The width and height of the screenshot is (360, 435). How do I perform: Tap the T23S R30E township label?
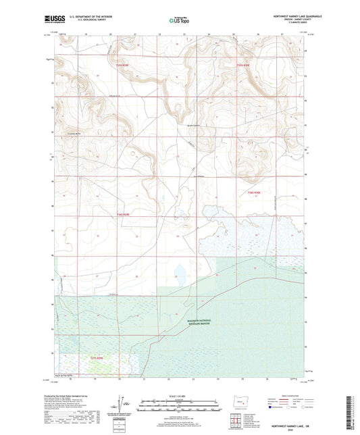(244, 66)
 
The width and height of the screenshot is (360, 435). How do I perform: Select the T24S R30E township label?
(253, 193)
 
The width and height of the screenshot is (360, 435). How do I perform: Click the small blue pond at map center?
(180, 273)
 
